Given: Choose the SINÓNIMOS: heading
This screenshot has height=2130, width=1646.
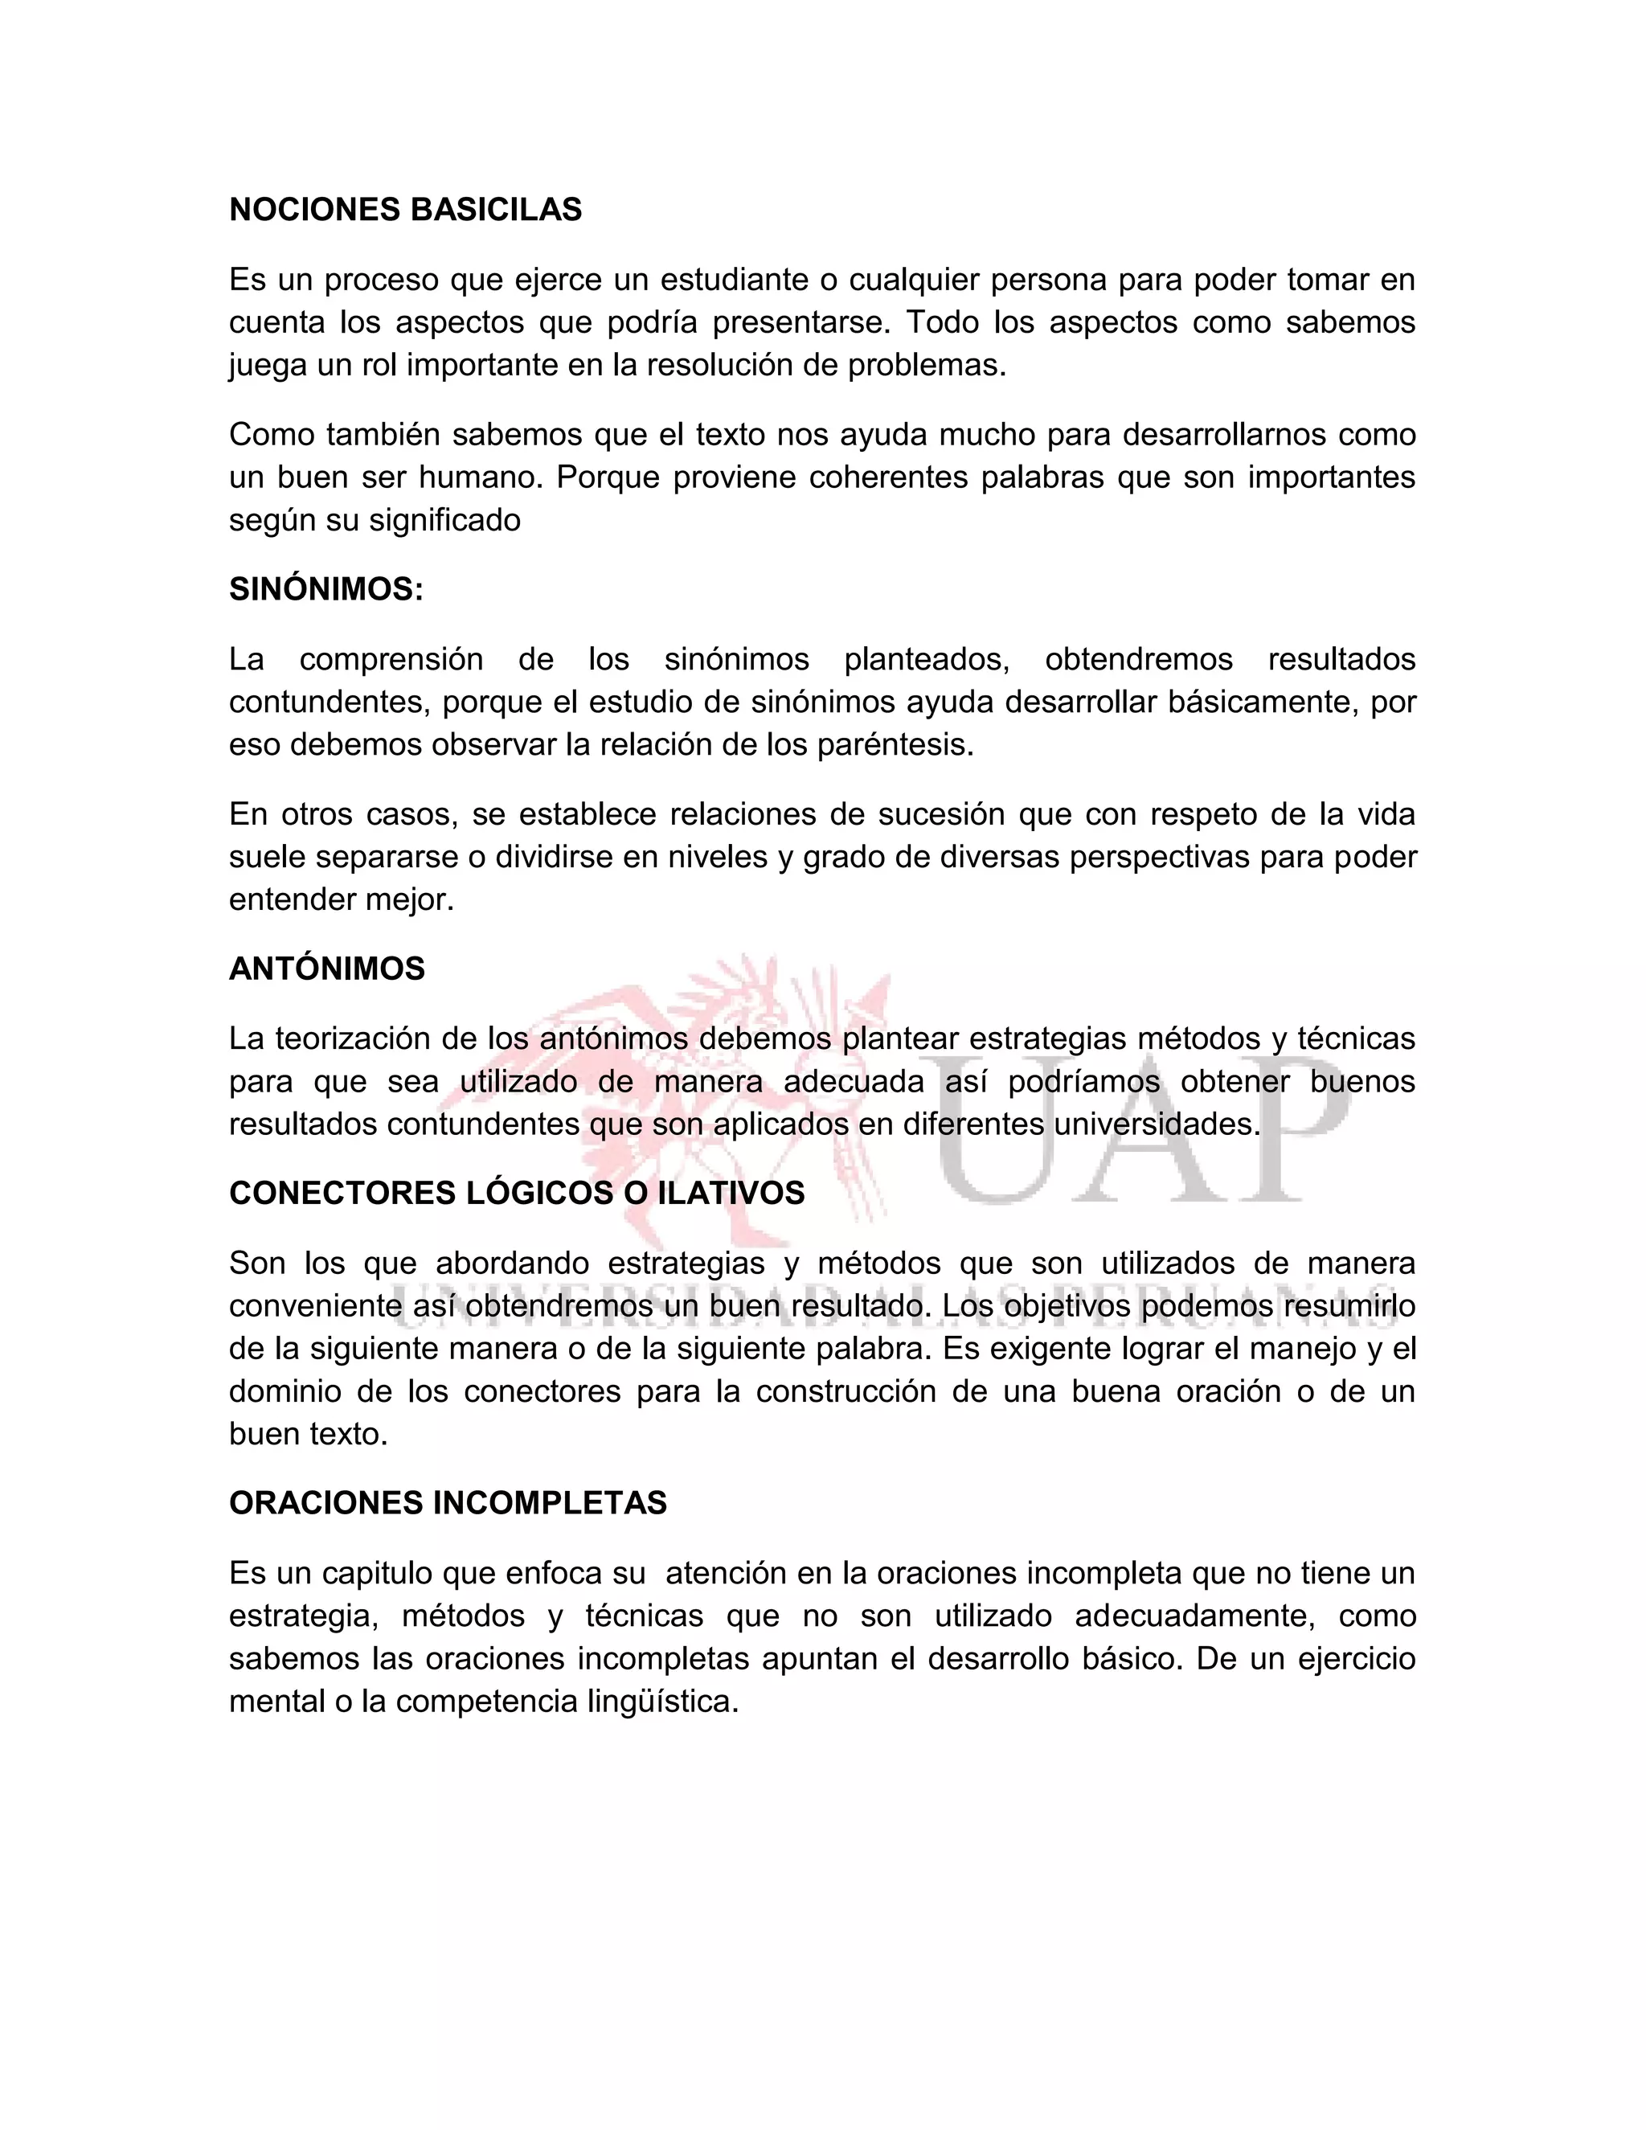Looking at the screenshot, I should [x=326, y=589].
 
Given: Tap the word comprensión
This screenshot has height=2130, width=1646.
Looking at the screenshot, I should [x=391, y=659].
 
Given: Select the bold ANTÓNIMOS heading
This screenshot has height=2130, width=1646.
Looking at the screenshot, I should [x=326, y=969].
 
